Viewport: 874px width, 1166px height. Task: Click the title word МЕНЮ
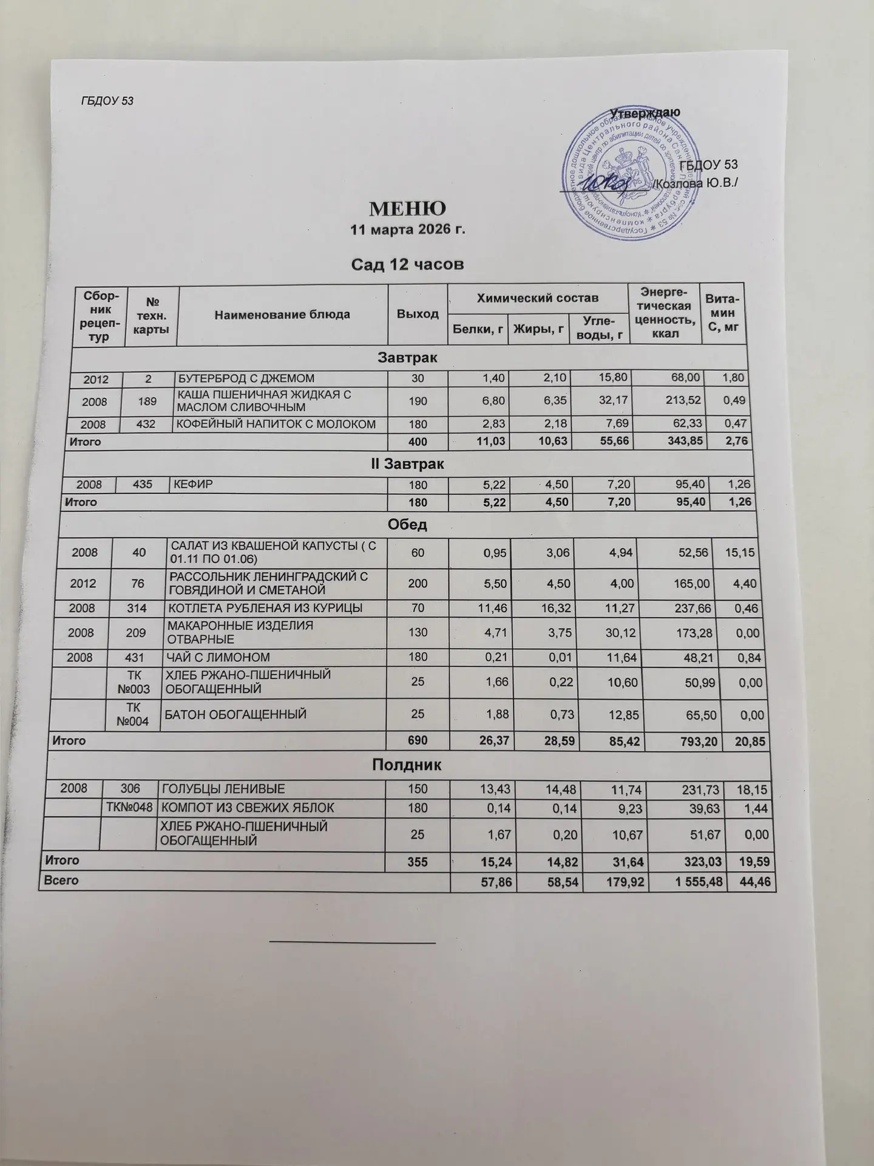click(x=408, y=209)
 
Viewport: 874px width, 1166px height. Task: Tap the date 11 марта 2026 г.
click(x=408, y=230)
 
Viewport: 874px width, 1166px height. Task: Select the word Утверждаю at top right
click(x=645, y=113)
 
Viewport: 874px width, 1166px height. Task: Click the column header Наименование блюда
click(x=282, y=315)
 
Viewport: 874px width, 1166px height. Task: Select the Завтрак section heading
click(x=408, y=358)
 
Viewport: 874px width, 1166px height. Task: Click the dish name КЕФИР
click(x=190, y=484)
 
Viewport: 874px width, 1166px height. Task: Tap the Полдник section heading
click(x=407, y=766)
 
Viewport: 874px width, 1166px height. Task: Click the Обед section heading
click(x=407, y=525)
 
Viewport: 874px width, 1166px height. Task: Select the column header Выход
click(x=418, y=314)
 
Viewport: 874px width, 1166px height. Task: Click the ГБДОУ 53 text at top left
click(x=107, y=101)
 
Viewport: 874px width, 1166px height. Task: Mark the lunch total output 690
click(x=418, y=742)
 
